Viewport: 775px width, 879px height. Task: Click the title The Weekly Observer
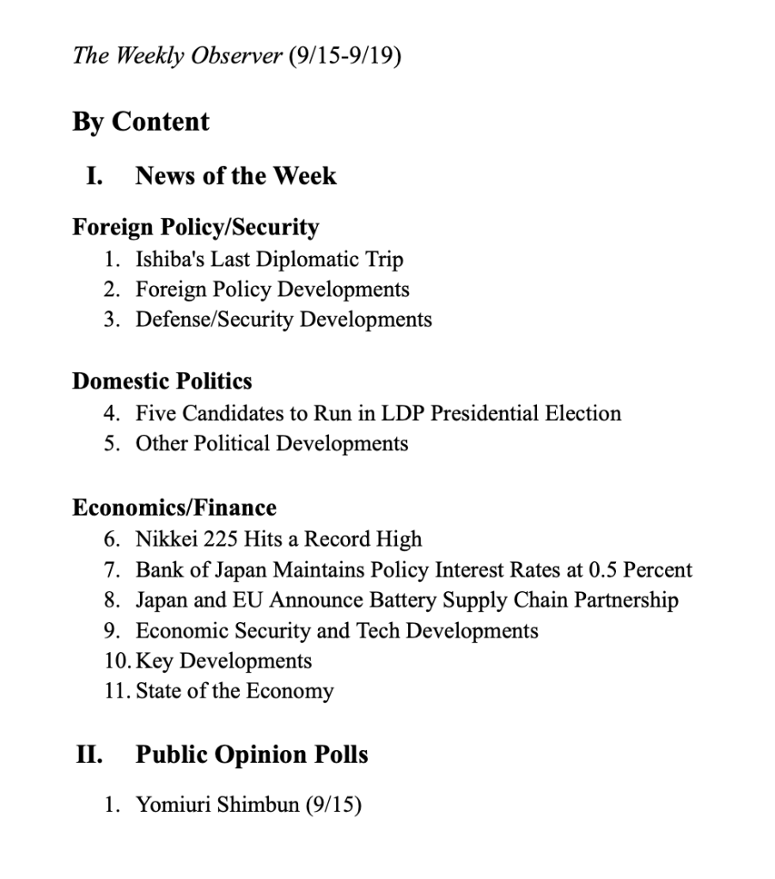pyautogui.click(x=177, y=57)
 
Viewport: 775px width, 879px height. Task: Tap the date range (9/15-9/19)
pyautogui.click(x=345, y=57)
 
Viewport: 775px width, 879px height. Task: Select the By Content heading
pyautogui.click(x=140, y=122)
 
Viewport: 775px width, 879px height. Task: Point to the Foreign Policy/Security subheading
pyautogui.click(x=195, y=228)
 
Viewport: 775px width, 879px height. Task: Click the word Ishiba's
pyautogui.click(x=169, y=259)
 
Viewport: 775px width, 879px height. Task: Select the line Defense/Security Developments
pyautogui.click(x=284, y=320)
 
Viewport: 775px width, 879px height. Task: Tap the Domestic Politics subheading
pyautogui.click(x=162, y=382)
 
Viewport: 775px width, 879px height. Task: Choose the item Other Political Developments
pyautogui.click(x=272, y=443)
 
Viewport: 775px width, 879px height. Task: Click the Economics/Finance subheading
pyautogui.click(x=174, y=508)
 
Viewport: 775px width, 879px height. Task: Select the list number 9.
pyautogui.click(x=112, y=631)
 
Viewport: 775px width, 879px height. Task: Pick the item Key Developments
pyautogui.click(x=223, y=661)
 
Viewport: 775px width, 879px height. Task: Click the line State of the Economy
pyautogui.click(x=234, y=691)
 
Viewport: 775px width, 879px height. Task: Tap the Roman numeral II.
pyautogui.click(x=89, y=755)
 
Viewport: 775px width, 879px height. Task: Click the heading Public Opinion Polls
pyautogui.click(x=252, y=755)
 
